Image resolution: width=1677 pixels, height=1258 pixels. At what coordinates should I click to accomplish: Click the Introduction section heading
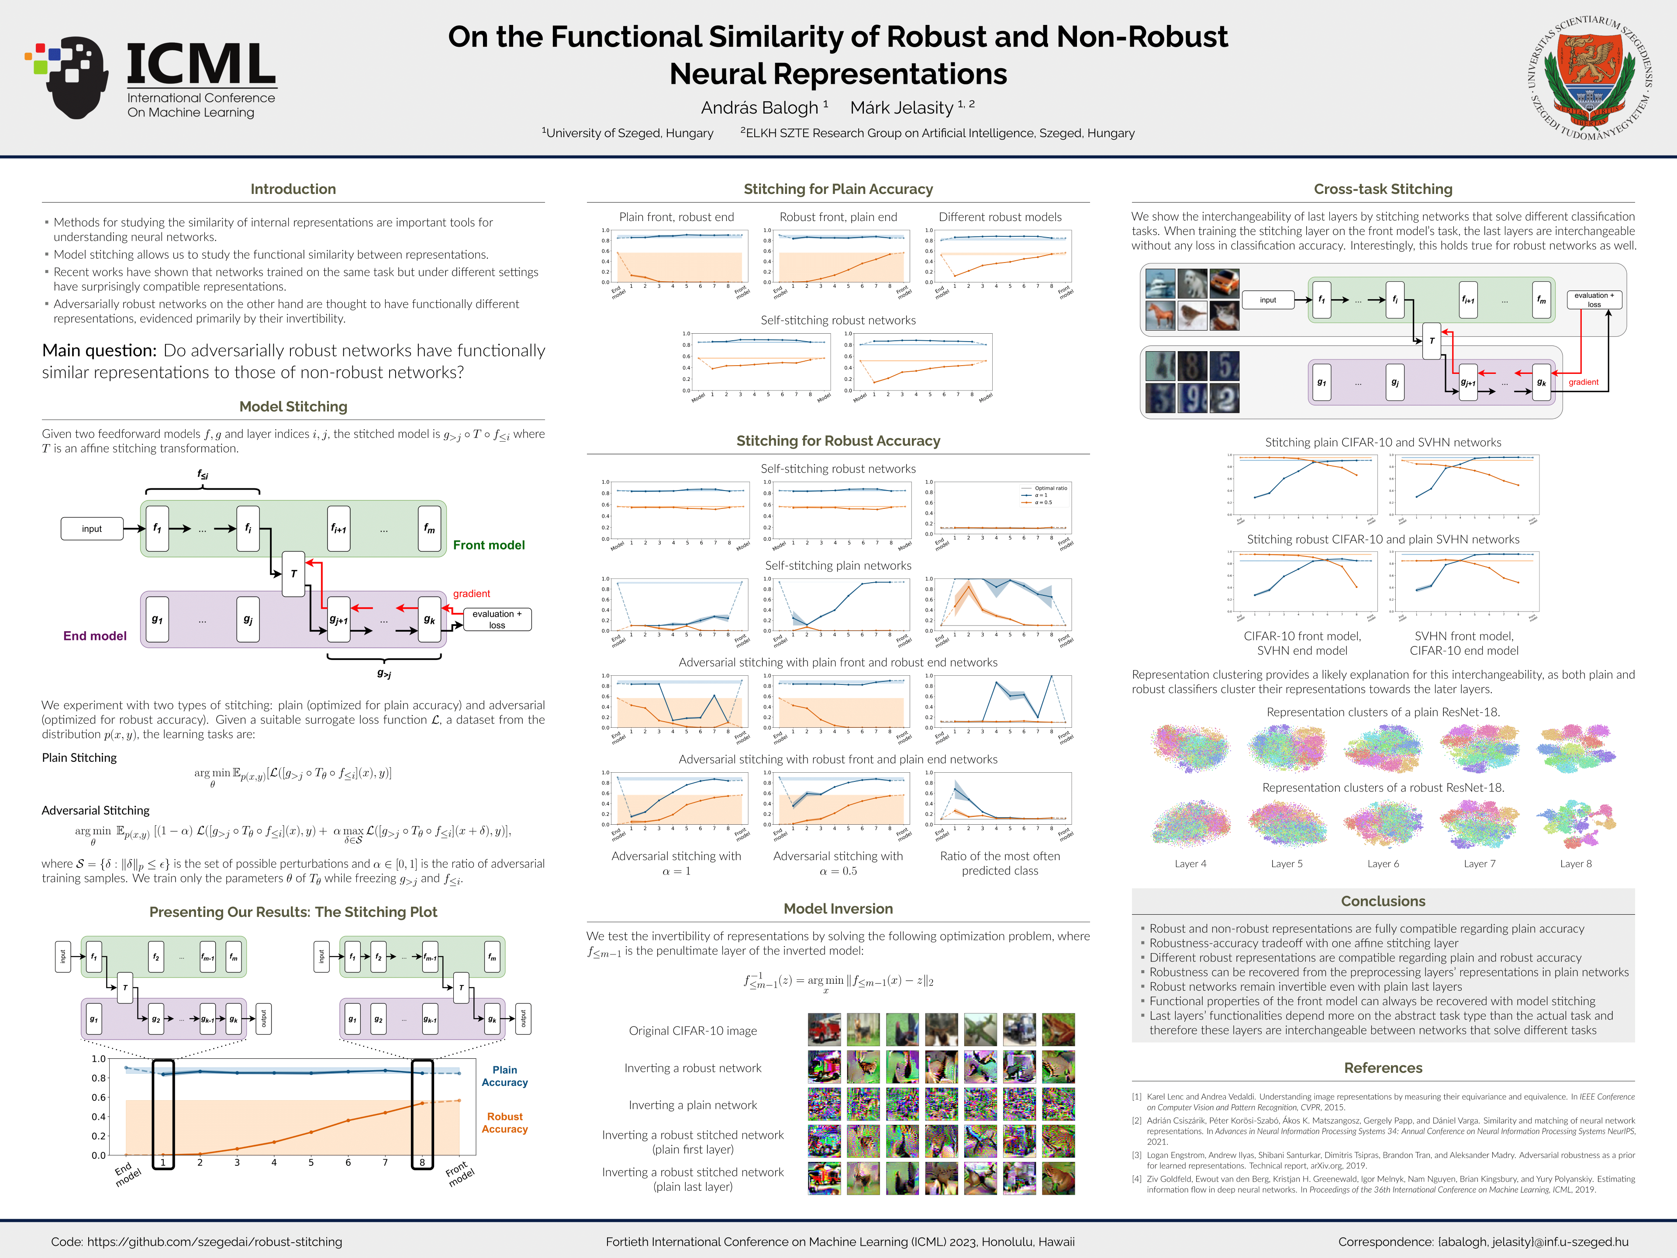[293, 189]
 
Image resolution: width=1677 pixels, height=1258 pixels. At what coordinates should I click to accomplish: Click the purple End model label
[95, 636]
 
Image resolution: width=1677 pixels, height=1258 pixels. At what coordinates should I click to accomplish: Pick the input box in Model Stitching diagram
[92, 529]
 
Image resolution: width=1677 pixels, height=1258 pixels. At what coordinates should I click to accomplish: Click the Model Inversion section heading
[838, 909]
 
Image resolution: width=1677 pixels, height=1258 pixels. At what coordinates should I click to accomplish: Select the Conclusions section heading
[1383, 901]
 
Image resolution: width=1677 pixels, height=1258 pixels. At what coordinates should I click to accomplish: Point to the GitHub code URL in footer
[214, 1241]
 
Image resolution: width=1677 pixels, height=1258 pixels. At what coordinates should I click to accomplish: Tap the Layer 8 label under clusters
[1575, 864]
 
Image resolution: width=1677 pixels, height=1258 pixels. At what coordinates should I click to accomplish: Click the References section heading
[1383, 1068]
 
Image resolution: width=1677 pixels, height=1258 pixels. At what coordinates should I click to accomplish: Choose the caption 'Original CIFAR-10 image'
[692, 1030]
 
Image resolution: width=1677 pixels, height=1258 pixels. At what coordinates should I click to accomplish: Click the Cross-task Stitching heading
[1383, 189]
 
